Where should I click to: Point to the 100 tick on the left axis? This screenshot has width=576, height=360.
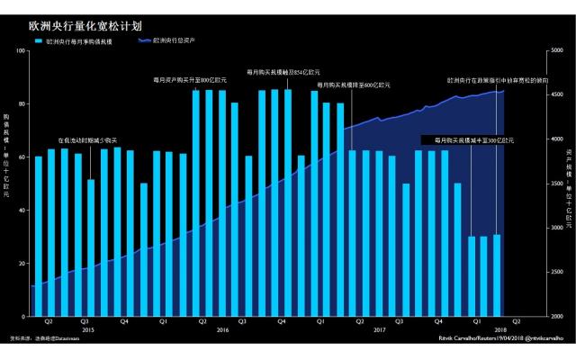click(x=21, y=50)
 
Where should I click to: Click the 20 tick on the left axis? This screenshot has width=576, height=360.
click(x=22, y=264)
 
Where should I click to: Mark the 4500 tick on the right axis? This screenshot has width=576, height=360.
click(x=556, y=94)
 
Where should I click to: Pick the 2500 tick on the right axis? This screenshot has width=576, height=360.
click(x=556, y=272)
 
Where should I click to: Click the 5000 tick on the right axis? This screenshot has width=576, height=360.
click(x=556, y=50)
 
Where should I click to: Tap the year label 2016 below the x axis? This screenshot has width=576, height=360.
click(x=222, y=330)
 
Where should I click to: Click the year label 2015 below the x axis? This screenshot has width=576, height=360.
click(x=88, y=330)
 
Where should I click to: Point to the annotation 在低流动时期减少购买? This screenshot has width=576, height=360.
click(x=87, y=140)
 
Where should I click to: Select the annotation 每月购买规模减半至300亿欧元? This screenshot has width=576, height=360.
click(x=473, y=140)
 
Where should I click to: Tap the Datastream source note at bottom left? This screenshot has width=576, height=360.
click(x=41, y=338)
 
